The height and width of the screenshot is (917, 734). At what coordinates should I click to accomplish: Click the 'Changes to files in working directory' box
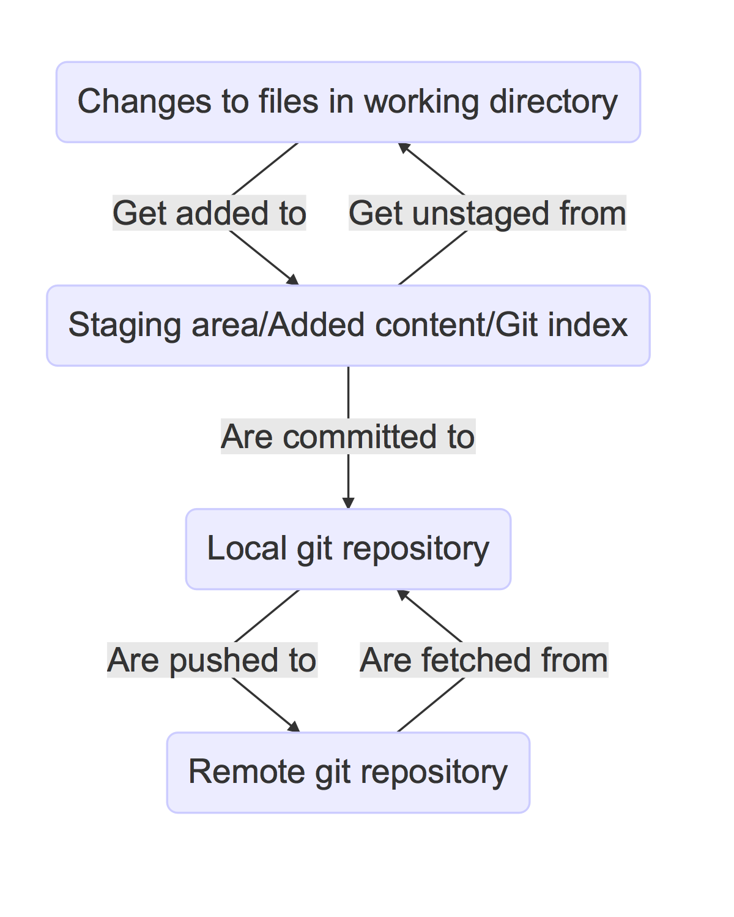[x=348, y=102]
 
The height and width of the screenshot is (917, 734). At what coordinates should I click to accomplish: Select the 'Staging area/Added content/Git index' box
[x=348, y=326]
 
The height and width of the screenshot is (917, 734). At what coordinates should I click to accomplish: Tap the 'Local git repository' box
[x=348, y=549]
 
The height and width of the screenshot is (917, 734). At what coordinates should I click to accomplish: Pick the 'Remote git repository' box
[x=348, y=773]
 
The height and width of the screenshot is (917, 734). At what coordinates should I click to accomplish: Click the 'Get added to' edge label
[x=209, y=213]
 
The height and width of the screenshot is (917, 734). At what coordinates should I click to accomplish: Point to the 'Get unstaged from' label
[x=487, y=213]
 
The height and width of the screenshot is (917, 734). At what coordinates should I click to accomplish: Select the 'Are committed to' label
[x=348, y=436]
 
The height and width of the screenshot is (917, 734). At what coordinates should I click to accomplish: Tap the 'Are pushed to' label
[x=212, y=660]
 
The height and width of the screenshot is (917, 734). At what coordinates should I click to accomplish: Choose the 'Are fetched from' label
[x=484, y=660]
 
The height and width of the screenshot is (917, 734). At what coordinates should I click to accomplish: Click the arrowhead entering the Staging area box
[x=293, y=280]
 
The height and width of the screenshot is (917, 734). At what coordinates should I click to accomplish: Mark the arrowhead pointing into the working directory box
[x=404, y=148]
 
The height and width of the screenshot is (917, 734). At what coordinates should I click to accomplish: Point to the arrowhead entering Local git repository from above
[x=348, y=503]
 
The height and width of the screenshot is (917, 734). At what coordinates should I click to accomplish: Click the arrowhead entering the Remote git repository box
[x=294, y=727]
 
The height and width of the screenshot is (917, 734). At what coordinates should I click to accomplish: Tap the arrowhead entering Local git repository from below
[x=403, y=594]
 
